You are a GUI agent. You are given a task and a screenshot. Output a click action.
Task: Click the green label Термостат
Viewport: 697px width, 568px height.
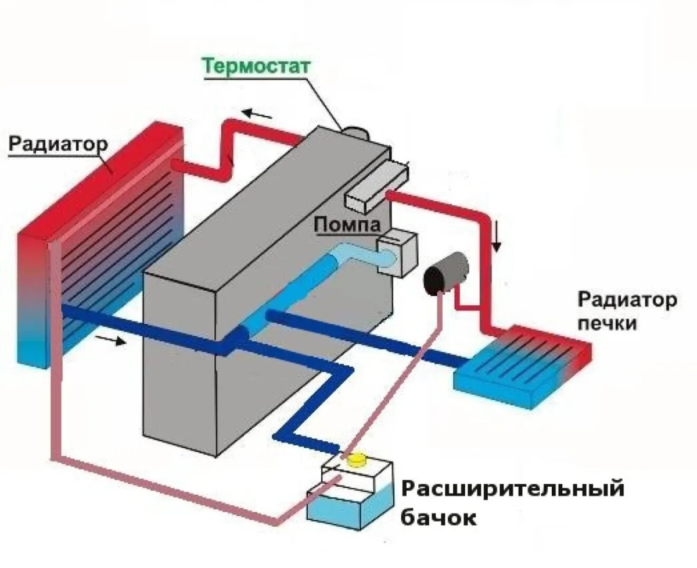tap(257, 66)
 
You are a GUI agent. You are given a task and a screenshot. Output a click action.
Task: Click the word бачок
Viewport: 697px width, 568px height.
tap(439, 517)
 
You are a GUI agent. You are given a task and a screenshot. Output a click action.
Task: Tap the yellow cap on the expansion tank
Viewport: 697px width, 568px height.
tap(355, 460)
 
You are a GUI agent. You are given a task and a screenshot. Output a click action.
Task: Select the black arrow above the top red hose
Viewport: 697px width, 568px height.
tap(257, 113)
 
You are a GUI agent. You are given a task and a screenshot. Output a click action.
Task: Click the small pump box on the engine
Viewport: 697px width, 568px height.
tap(397, 252)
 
